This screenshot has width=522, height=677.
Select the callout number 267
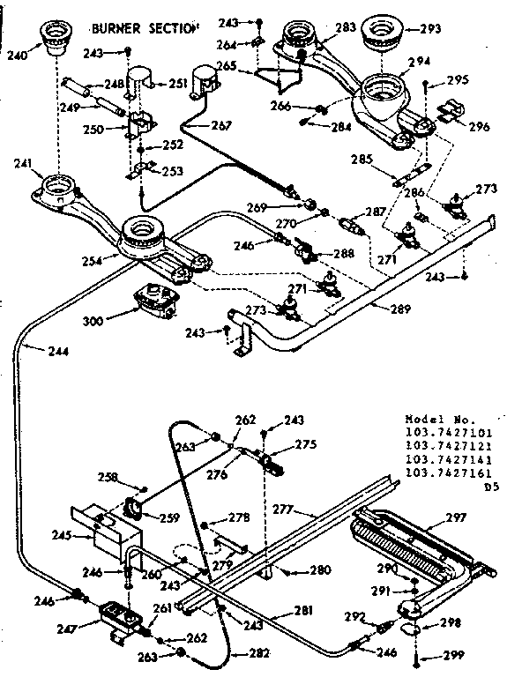point(220,125)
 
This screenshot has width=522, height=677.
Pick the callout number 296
point(479,126)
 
